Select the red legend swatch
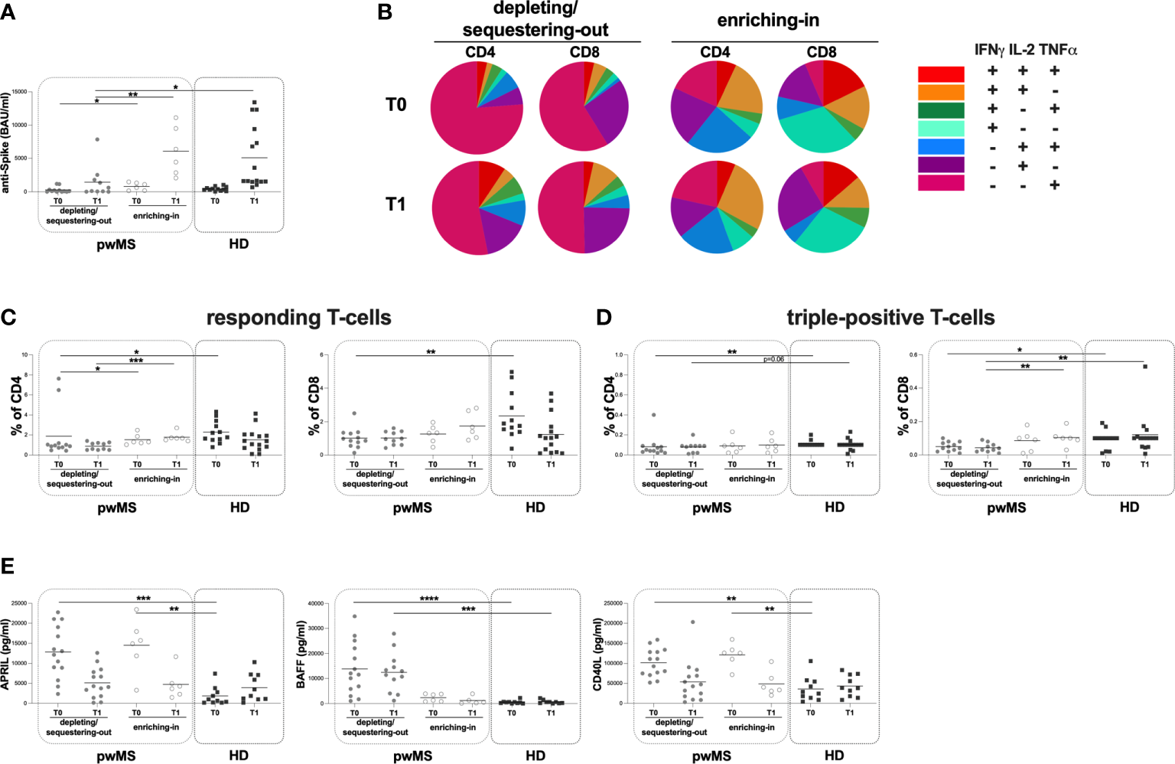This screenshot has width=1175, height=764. pyautogui.click(x=941, y=73)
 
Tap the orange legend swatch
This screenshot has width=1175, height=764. pyautogui.click(x=941, y=92)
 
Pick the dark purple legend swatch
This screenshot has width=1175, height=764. pyautogui.click(x=941, y=165)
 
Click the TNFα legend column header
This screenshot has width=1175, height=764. pyautogui.click(x=1058, y=51)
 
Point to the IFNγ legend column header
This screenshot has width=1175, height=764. pyautogui.click(x=989, y=51)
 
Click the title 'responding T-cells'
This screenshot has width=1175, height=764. pyautogui.click(x=299, y=318)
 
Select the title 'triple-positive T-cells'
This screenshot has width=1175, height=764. pyautogui.click(x=890, y=318)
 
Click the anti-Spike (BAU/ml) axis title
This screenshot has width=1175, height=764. pyautogui.click(x=6, y=142)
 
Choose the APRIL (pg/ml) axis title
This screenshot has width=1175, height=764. pyautogui.click(x=6, y=655)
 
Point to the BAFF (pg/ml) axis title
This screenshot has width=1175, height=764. pyautogui.click(x=301, y=655)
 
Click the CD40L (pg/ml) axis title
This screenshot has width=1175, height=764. pyautogui.click(x=598, y=655)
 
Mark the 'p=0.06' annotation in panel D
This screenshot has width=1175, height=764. pyautogui.click(x=773, y=359)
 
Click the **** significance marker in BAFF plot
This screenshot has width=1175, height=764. pyautogui.click(x=429, y=599)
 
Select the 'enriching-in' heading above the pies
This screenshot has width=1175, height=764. pyautogui.click(x=768, y=21)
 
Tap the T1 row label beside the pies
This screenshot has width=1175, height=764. pyautogui.click(x=395, y=204)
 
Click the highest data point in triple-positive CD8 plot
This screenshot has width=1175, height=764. pyautogui.click(x=1145, y=367)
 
